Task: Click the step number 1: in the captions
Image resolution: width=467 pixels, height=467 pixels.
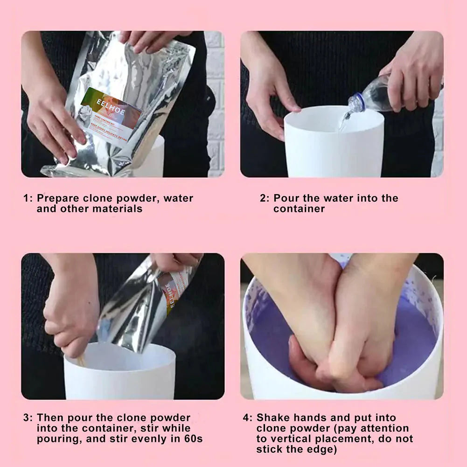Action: coord(28,198)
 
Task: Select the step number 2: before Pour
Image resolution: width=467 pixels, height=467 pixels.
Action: coord(265,198)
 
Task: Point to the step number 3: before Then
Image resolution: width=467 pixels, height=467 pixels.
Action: coord(28,418)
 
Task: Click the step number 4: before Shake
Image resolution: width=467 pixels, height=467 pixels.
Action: coord(247,418)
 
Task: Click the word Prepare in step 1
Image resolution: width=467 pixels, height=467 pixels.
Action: coord(57,198)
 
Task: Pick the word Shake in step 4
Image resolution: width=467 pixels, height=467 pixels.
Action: coord(273,418)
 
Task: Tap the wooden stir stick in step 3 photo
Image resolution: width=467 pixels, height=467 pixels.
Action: coord(81,360)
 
